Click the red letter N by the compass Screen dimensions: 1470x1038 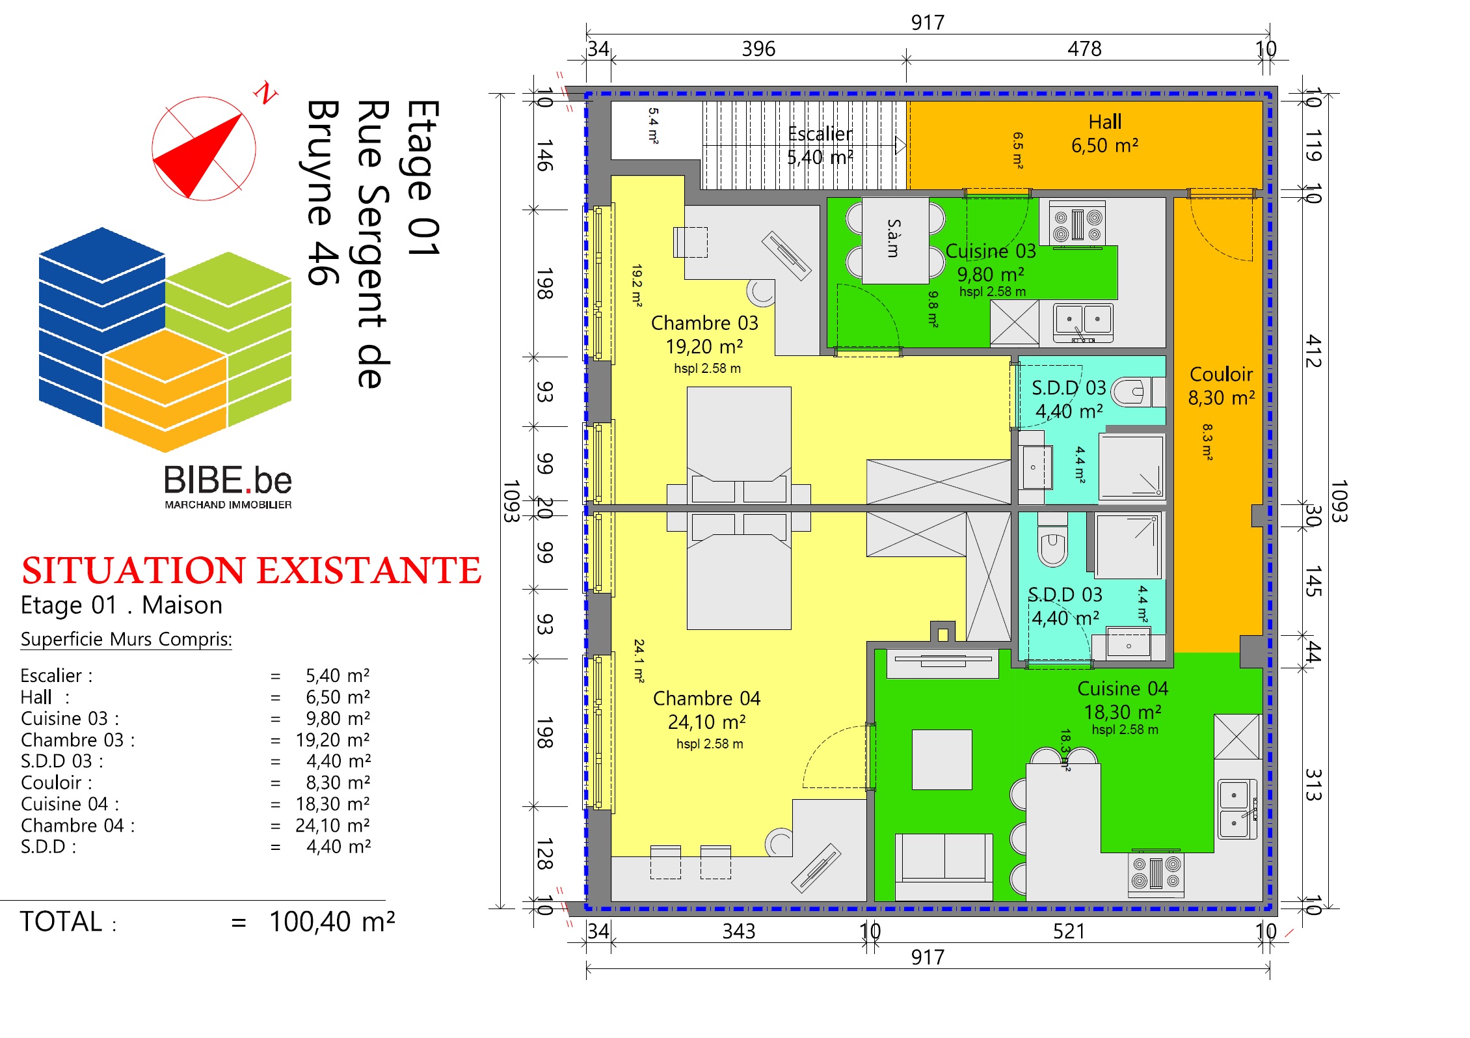(x=265, y=93)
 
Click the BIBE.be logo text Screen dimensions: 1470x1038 (x=228, y=480)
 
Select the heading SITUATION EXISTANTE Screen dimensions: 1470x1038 (x=251, y=571)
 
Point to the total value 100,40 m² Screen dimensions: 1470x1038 (x=332, y=922)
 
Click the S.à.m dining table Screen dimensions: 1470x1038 (x=896, y=240)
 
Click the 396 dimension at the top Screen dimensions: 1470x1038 (x=758, y=49)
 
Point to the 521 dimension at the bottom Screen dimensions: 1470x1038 (x=1069, y=931)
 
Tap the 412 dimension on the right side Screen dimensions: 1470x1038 (x=1313, y=351)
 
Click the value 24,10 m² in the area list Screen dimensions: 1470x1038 (x=332, y=825)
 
